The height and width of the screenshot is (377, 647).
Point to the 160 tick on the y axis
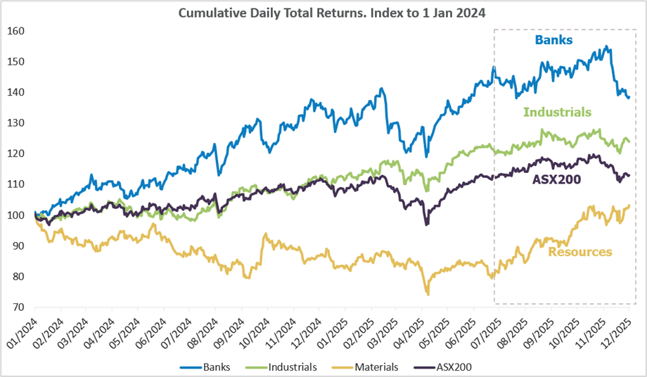(x=17, y=31)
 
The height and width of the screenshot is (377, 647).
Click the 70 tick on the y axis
(x=19, y=307)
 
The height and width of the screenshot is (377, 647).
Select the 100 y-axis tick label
(x=17, y=215)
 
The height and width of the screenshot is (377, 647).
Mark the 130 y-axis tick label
(x=17, y=123)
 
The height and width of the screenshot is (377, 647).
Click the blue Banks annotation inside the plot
(x=553, y=40)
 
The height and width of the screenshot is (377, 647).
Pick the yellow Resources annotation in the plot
(x=579, y=252)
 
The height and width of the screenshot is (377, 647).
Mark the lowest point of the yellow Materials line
(x=427, y=294)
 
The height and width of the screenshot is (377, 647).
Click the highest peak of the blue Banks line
(x=607, y=47)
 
